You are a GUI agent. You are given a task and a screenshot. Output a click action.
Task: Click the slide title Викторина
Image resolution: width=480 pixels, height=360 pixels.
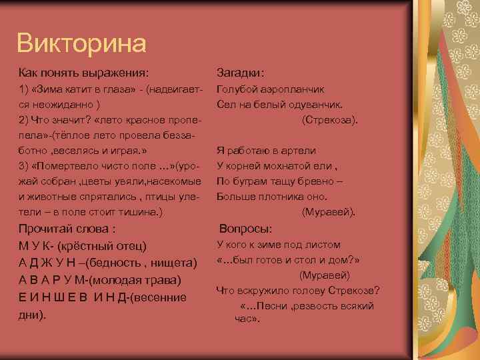(81, 43)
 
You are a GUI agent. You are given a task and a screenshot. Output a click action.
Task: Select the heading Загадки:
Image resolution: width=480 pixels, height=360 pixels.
(241, 71)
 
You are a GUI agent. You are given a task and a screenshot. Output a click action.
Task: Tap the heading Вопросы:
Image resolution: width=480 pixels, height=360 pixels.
(246, 227)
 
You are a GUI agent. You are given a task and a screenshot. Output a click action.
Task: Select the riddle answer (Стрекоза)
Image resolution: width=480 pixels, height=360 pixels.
(329, 119)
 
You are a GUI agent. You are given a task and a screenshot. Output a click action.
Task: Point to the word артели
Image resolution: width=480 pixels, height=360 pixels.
(298, 151)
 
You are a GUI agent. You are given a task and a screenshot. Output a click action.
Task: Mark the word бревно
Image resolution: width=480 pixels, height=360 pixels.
(323, 181)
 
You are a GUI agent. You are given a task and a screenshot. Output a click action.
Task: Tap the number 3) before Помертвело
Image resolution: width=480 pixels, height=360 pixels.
(23, 166)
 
